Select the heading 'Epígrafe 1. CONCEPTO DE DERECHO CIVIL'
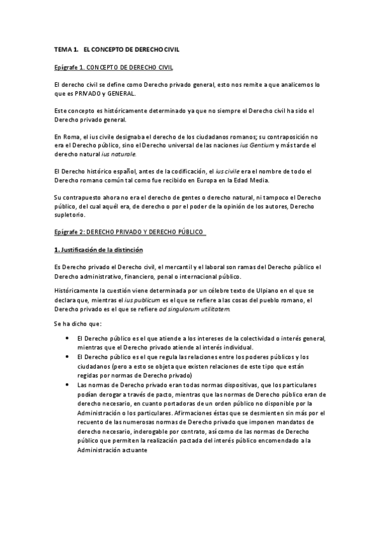tap(113, 66)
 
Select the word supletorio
tap(71, 215)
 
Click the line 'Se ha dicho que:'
tap(74, 324)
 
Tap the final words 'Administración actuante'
tap(112, 450)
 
